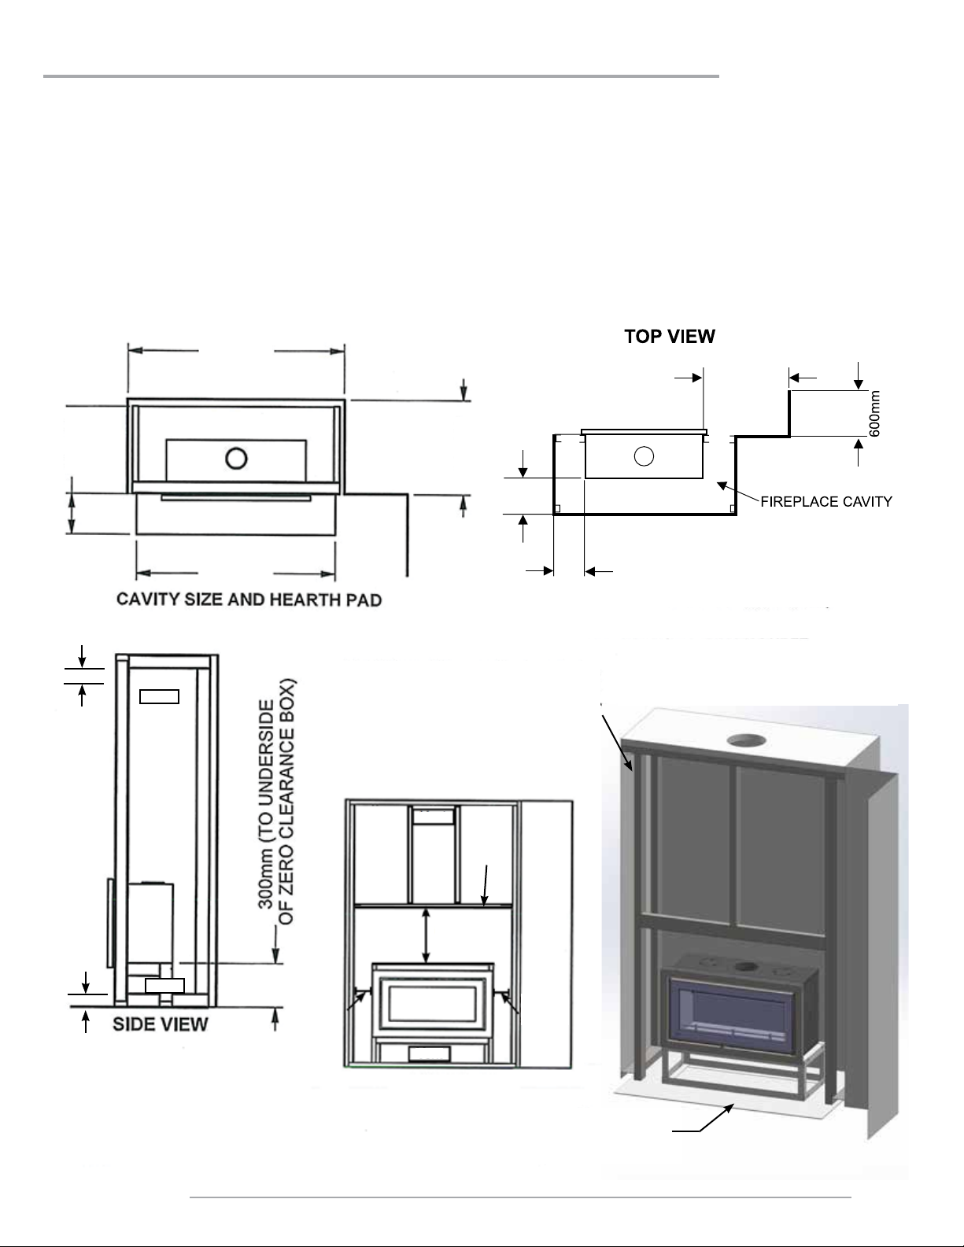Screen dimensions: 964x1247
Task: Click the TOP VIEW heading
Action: [670, 336]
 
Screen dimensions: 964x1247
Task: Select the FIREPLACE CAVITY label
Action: [826, 502]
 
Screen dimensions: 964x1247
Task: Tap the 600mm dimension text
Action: [874, 414]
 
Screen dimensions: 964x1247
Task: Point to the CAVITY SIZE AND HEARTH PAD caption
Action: [249, 600]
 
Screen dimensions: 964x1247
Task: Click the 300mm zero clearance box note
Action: [276, 802]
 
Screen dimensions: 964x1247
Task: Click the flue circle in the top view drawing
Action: [644, 456]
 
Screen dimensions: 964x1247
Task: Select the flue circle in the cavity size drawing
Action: [236, 459]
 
